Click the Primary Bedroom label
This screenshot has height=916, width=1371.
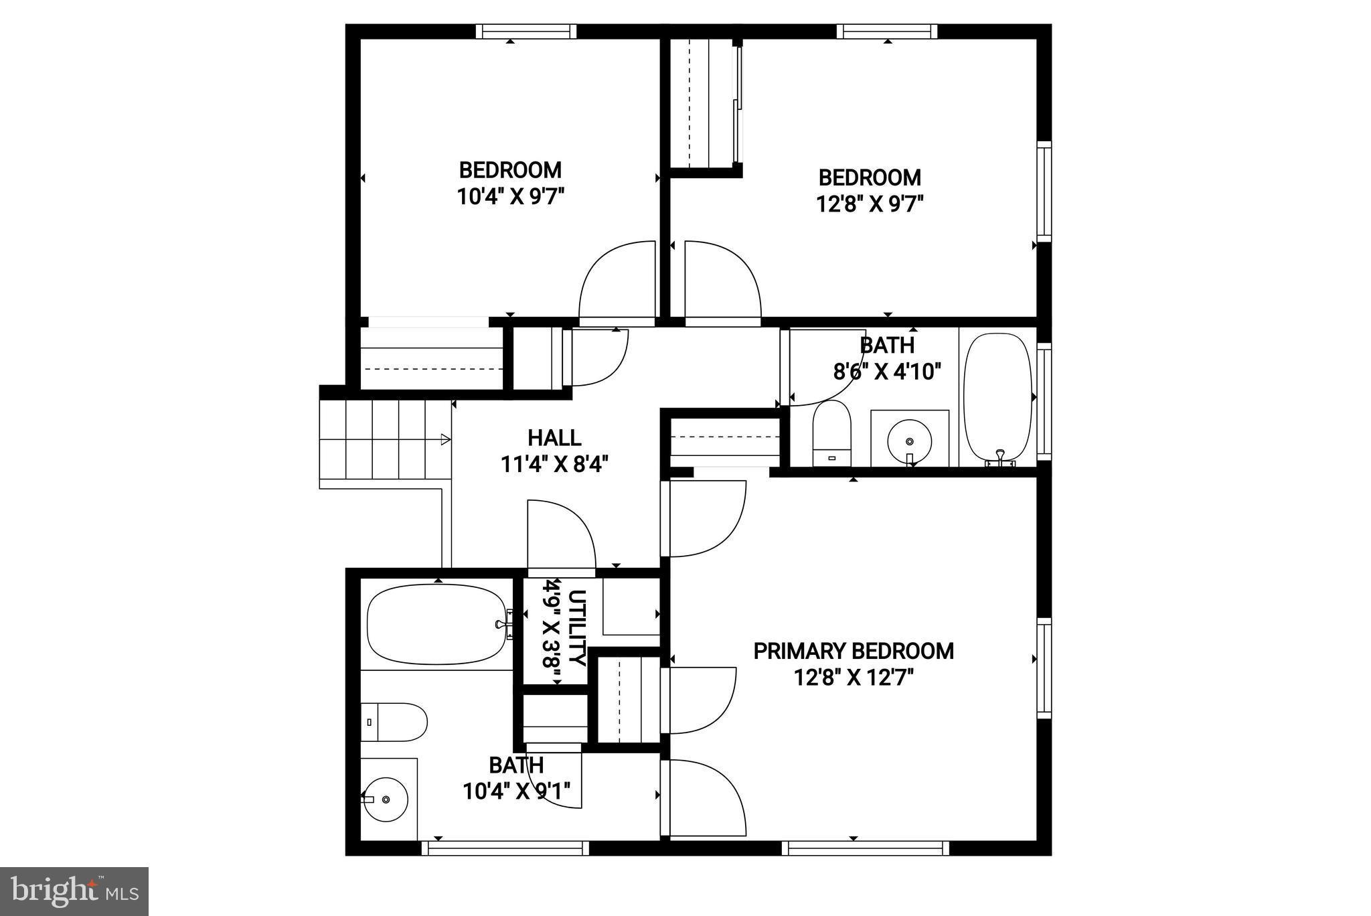(854, 651)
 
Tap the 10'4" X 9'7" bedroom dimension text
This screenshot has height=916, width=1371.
(511, 197)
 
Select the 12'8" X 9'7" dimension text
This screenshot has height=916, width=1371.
(870, 204)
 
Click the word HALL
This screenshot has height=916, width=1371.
(554, 438)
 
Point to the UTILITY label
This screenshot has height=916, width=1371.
(577, 627)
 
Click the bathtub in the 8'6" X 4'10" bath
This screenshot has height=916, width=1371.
(997, 396)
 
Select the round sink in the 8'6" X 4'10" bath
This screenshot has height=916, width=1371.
(909, 441)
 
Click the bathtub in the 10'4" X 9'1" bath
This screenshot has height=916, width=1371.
(436, 624)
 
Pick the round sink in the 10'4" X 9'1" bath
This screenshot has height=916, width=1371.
(386, 799)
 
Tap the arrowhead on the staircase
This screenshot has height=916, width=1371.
(445, 439)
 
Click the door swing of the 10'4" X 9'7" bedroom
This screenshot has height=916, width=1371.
(616, 281)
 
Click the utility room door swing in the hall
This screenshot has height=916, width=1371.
(561, 536)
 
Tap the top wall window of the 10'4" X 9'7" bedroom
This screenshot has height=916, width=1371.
(526, 31)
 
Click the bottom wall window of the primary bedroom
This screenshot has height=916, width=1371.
(866, 848)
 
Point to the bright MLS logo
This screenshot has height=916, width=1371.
(74, 891)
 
